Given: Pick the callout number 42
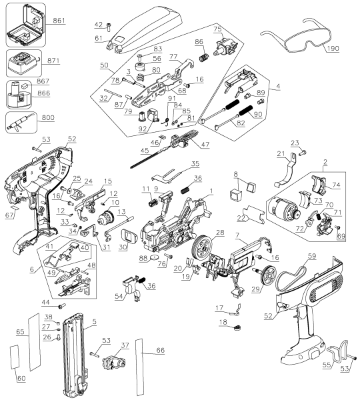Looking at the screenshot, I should coord(99,25).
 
